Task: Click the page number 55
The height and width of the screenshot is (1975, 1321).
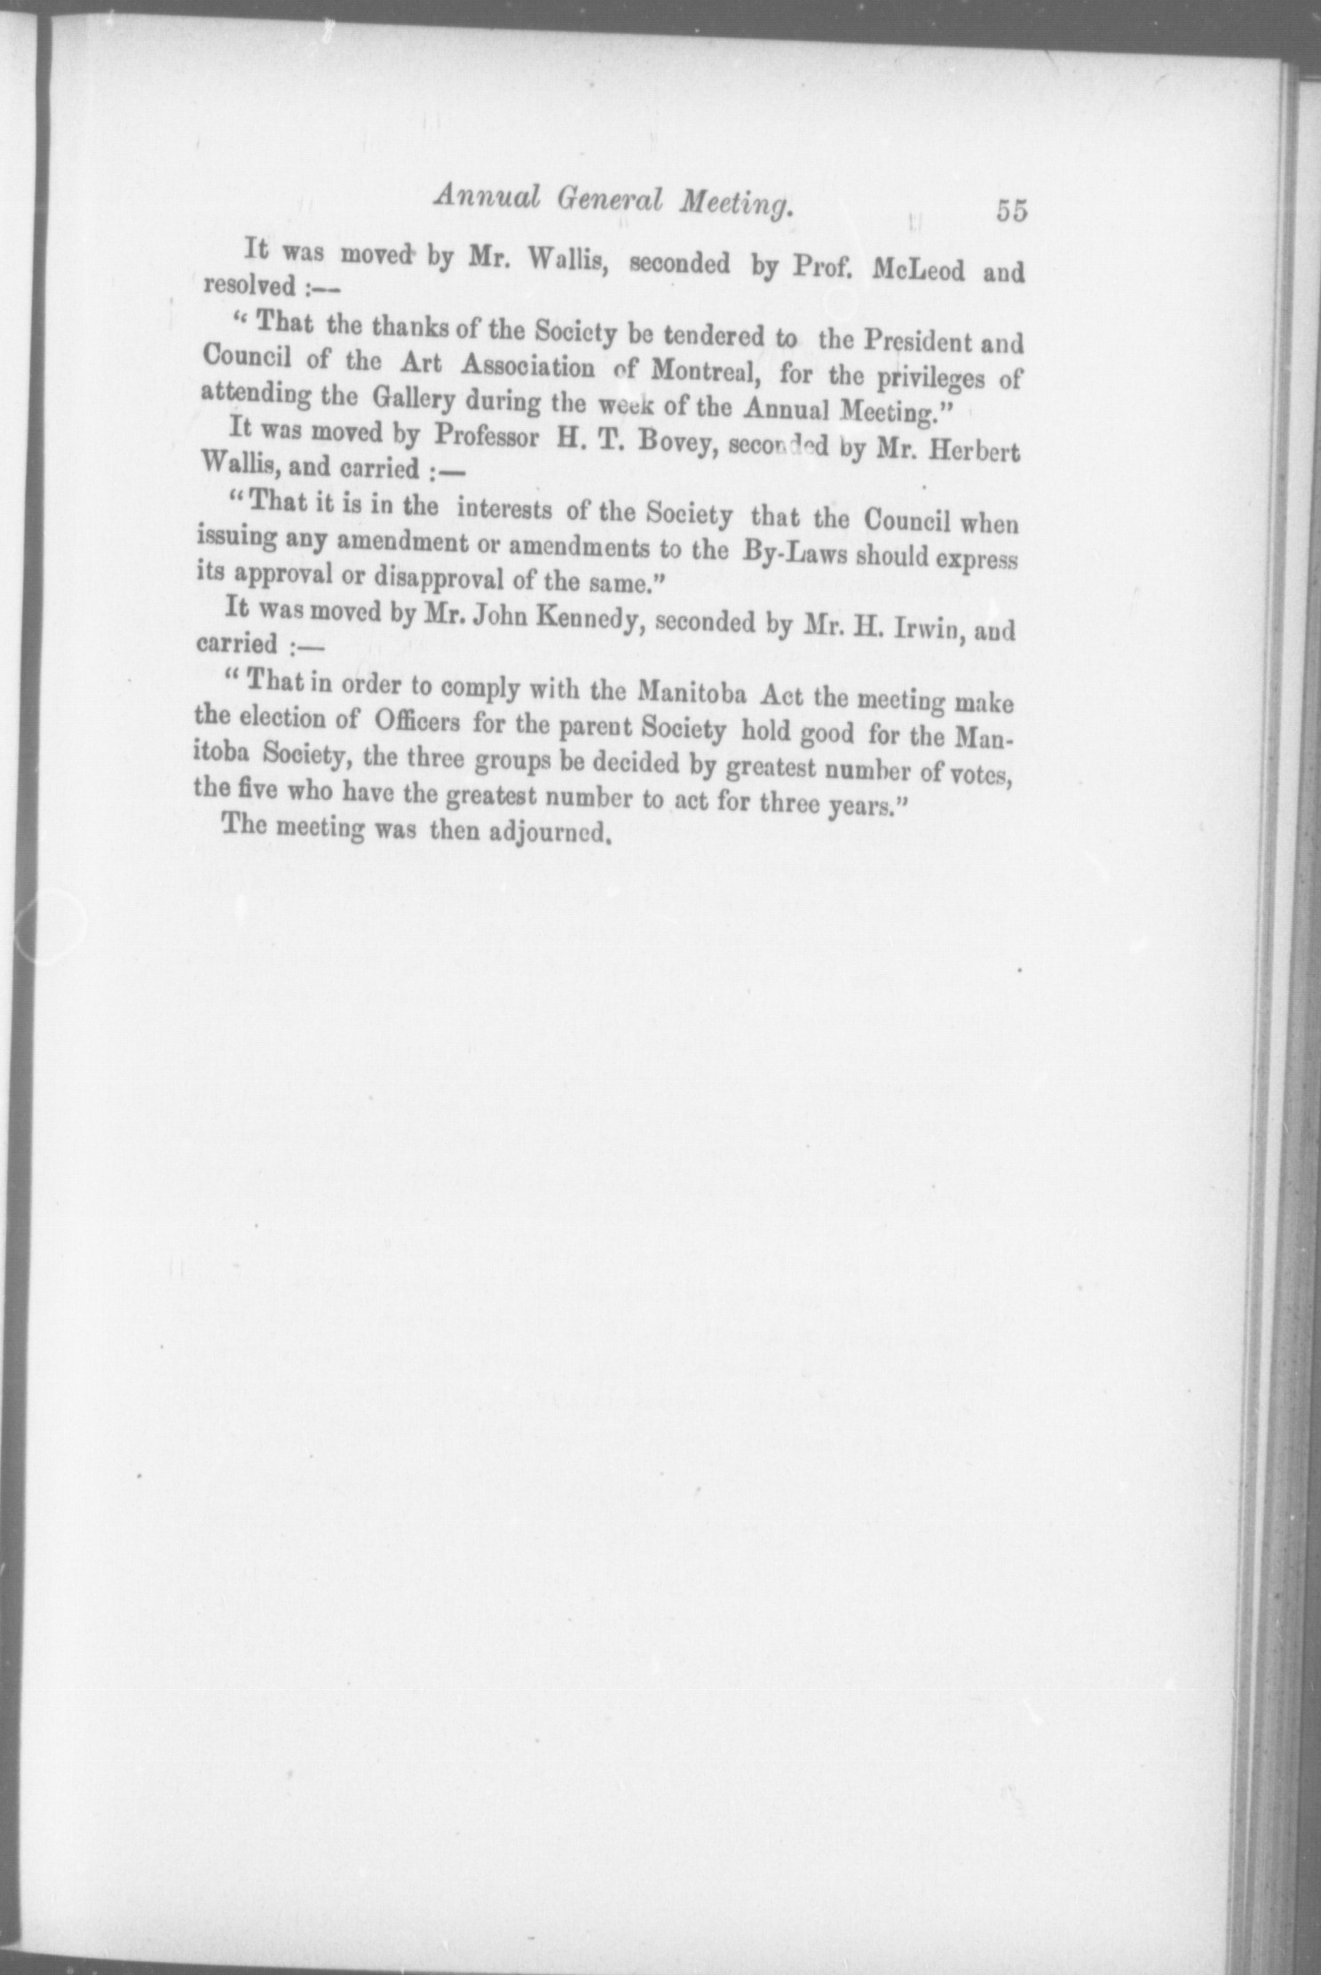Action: point(1010,213)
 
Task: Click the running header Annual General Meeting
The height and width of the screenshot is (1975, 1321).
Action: point(612,206)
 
